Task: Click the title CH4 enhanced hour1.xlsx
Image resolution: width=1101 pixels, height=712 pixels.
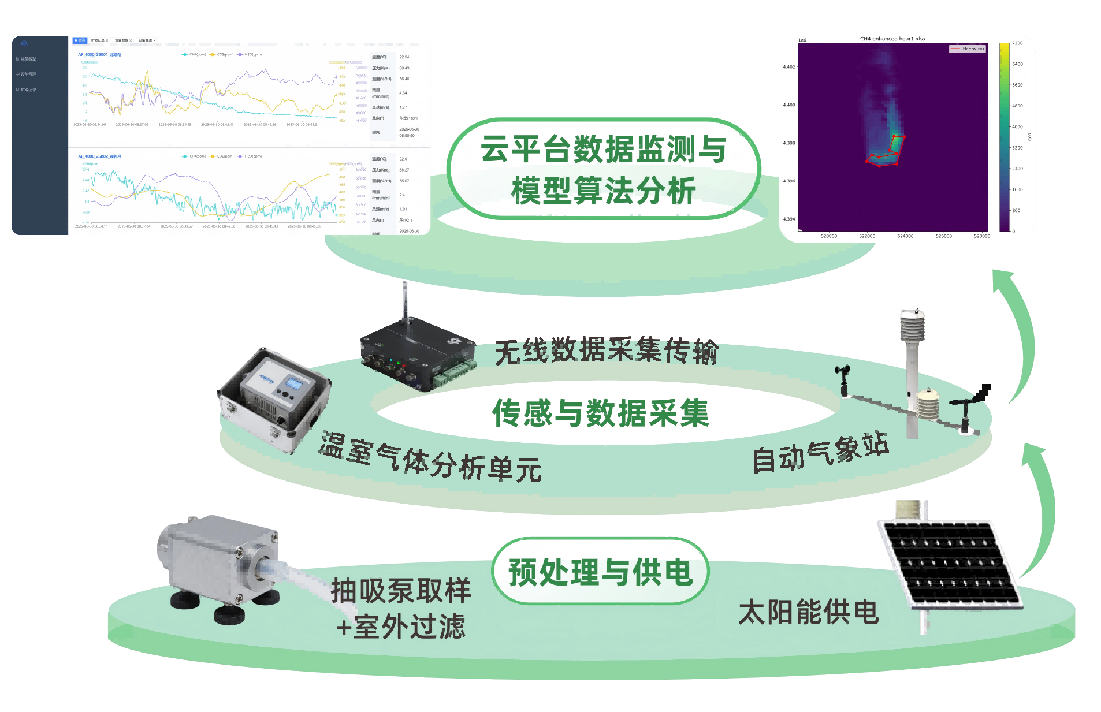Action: (892, 39)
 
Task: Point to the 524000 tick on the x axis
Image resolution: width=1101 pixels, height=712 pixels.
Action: (905, 236)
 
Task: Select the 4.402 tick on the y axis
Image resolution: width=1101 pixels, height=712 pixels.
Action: (788, 67)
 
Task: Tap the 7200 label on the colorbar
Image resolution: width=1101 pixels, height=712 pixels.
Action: (1017, 43)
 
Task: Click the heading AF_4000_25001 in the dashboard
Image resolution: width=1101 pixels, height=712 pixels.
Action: (99, 55)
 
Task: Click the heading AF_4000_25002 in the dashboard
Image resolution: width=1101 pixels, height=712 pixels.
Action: (99, 156)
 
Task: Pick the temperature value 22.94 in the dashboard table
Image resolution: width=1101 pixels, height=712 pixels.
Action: (404, 57)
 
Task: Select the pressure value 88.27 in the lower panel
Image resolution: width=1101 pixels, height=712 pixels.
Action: (404, 170)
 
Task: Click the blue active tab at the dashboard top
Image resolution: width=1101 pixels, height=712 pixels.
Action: (80, 40)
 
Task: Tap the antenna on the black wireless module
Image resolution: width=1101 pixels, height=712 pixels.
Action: (406, 300)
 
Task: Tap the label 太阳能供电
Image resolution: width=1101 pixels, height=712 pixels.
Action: (808, 612)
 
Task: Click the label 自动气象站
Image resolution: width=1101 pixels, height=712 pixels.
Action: (820, 453)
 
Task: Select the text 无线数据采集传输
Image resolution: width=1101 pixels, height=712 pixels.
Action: (606, 350)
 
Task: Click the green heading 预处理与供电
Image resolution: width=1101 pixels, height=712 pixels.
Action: (600, 572)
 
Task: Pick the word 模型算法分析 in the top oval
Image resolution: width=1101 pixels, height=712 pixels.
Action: (603, 191)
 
